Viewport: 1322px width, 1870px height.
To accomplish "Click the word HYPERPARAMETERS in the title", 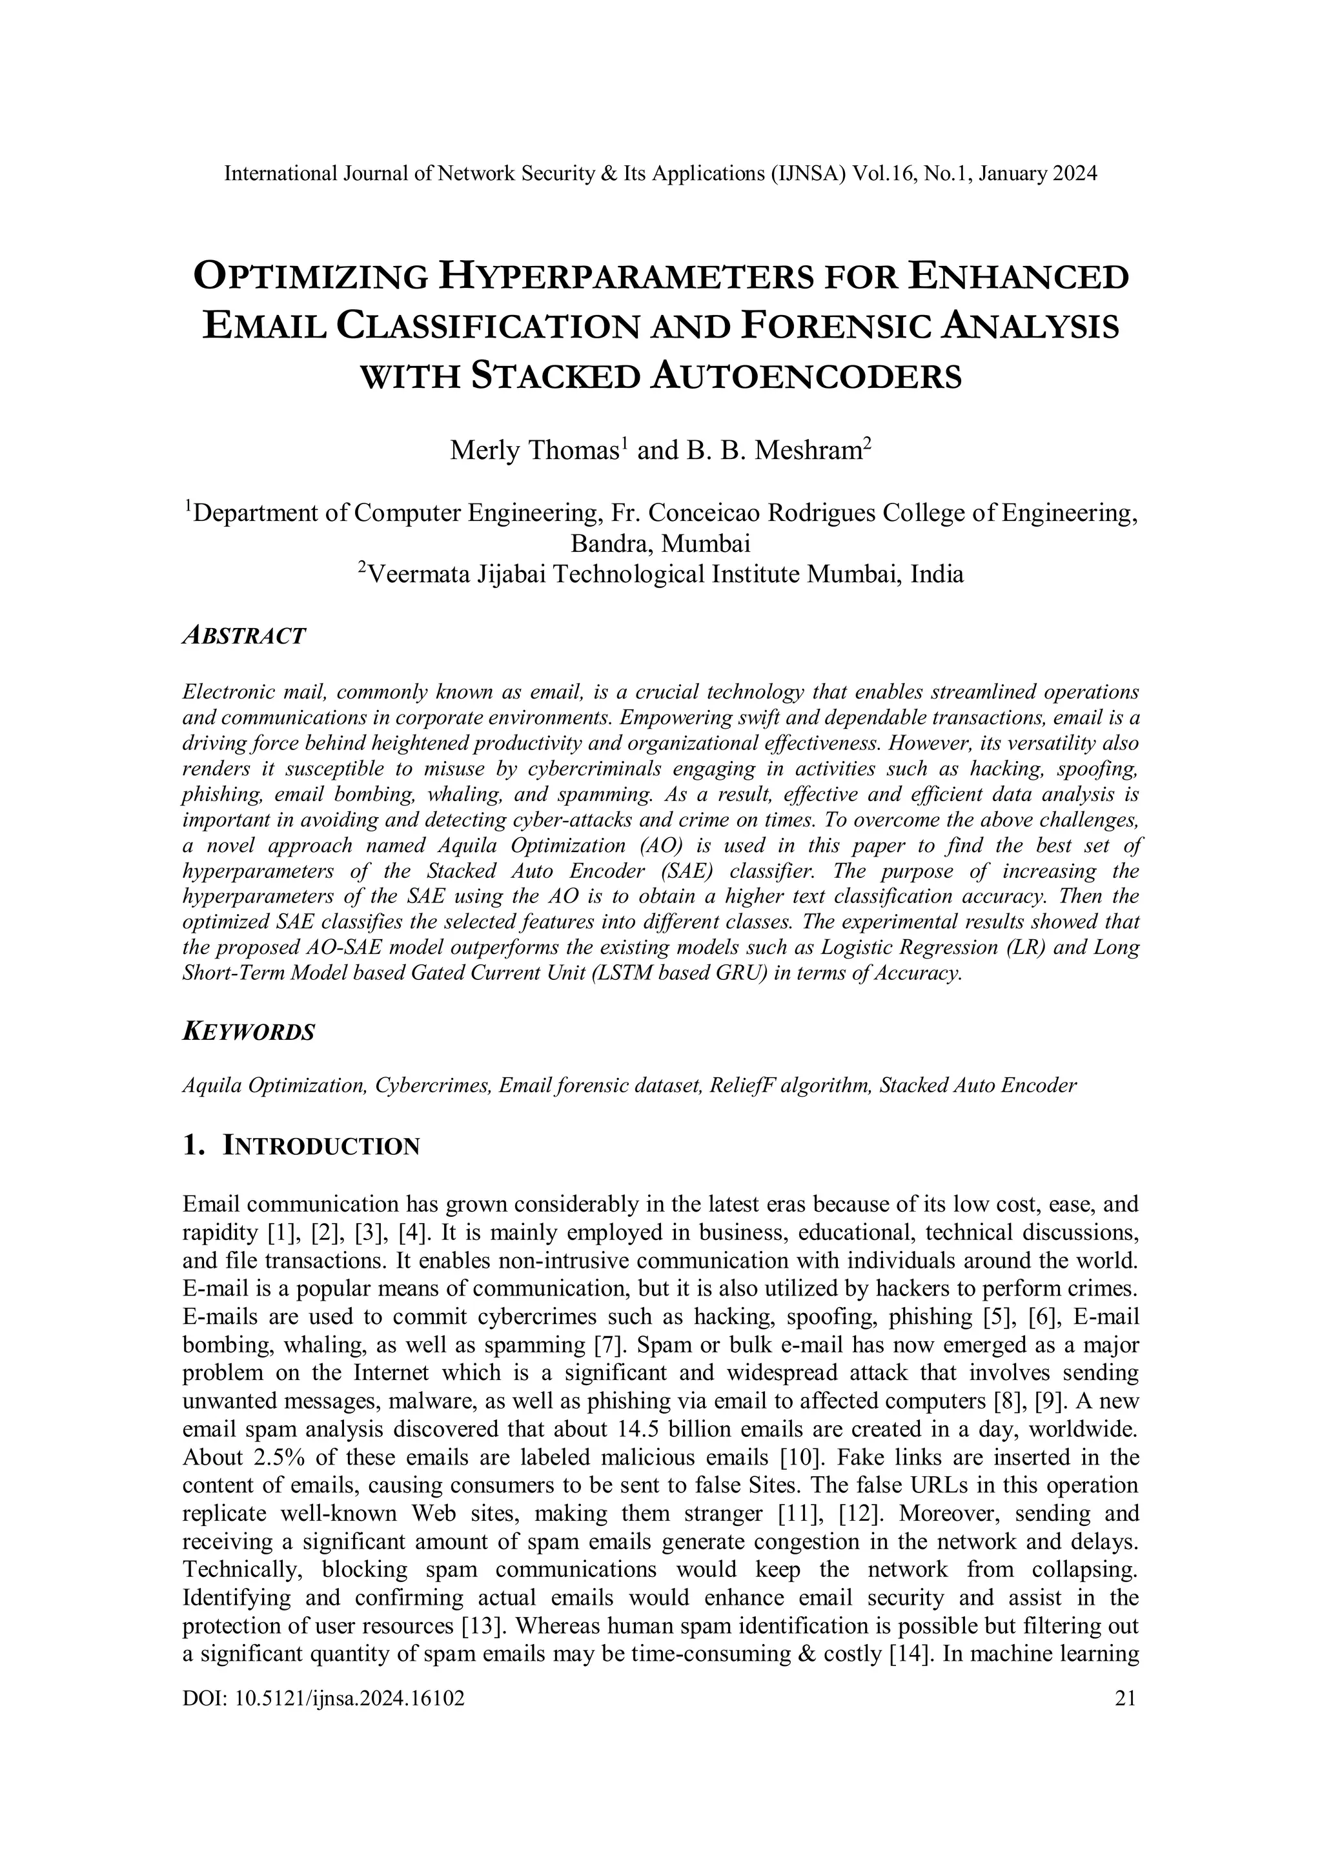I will [625, 278].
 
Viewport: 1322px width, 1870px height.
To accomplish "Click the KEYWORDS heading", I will [249, 1033].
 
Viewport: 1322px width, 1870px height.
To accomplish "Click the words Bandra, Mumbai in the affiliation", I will [660, 544].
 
